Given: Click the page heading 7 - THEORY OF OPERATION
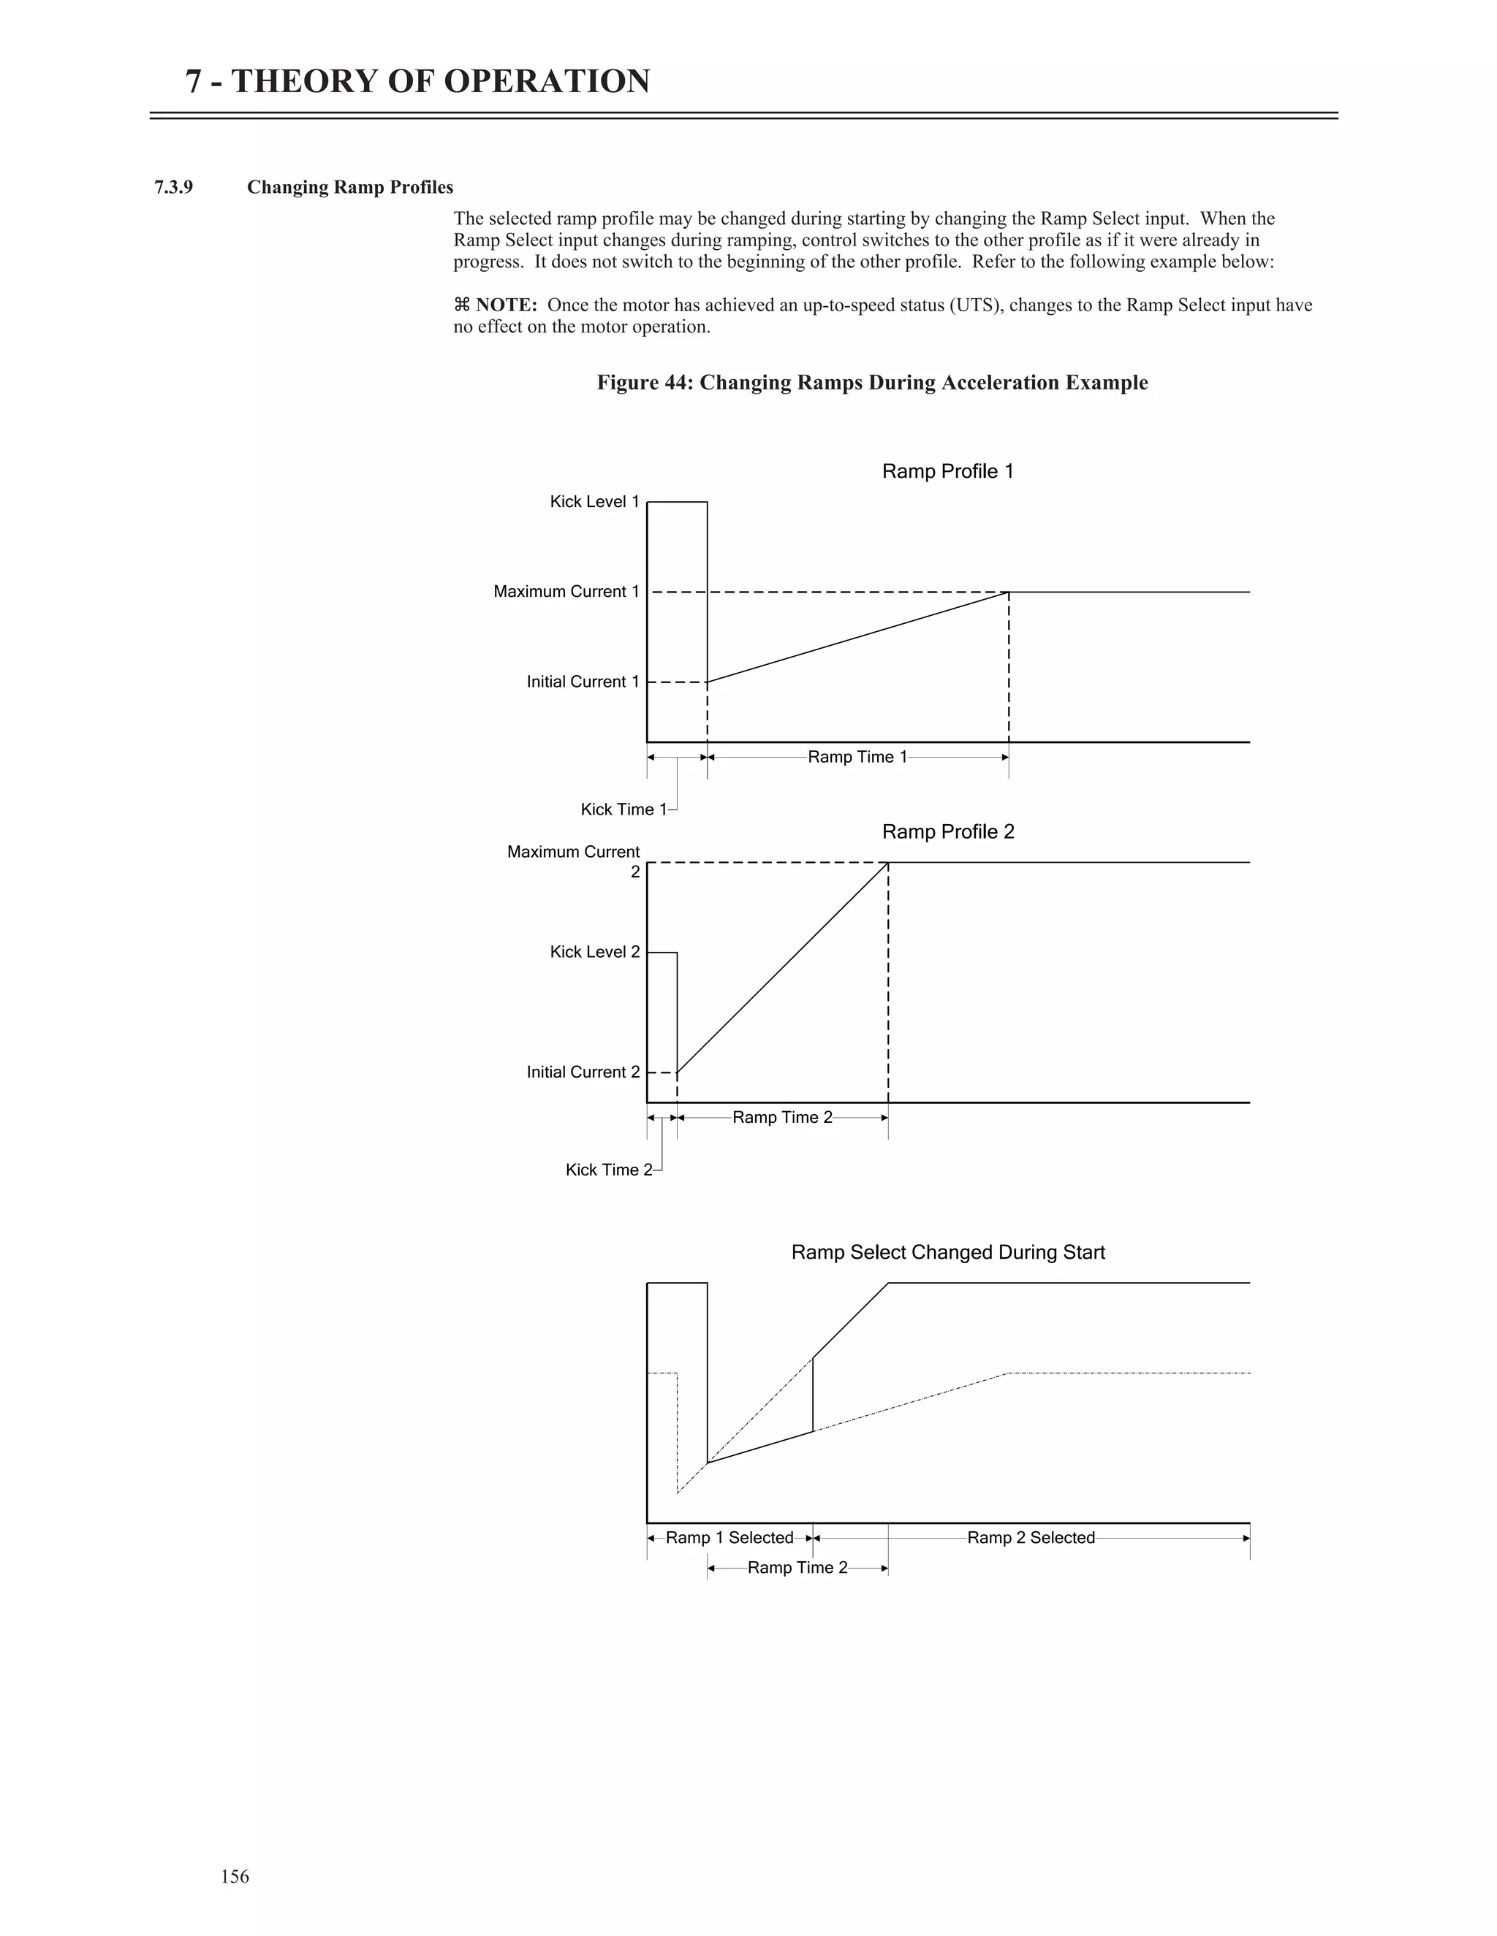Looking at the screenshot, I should pyautogui.click(x=417, y=82).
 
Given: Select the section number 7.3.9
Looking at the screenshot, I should pyautogui.click(x=174, y=187).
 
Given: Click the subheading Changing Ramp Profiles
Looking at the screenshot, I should pyautogui.click(x=349, y=187).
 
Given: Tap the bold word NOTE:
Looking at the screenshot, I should pyautogui.click(x=506, y=305).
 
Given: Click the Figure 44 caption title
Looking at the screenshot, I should pyautogui.click(x=872, y=383).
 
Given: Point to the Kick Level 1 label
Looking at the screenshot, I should pyautogui.click(x=594, y=502).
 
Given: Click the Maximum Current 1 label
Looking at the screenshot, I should pyautogui.click(x=566, y=591).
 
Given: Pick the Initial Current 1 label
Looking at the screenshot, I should pyautogui.click(x=583, y=682).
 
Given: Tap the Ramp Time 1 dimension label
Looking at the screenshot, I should pyautogui.click(x=857, y=757).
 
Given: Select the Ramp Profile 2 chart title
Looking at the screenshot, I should pyautogui.click(x=947, y=831).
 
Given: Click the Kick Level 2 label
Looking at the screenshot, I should pyautogui.click(x=594, y=952).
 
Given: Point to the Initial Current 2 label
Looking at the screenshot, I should pyautogui.click(x=583, y=1072).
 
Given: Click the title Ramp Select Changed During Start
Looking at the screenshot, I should pyautogui.click(x=947, y=1252).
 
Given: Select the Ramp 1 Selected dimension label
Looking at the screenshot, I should pyautogui.click(x=729, y=1538).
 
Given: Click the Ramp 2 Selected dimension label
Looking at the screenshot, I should pyautogui.click(x=1031, y=1538).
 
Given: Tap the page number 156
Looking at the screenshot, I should pyautogui.click(x=235, y=1877).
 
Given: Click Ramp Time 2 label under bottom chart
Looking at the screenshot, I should pyautogui.click(x=797, y=1567).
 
